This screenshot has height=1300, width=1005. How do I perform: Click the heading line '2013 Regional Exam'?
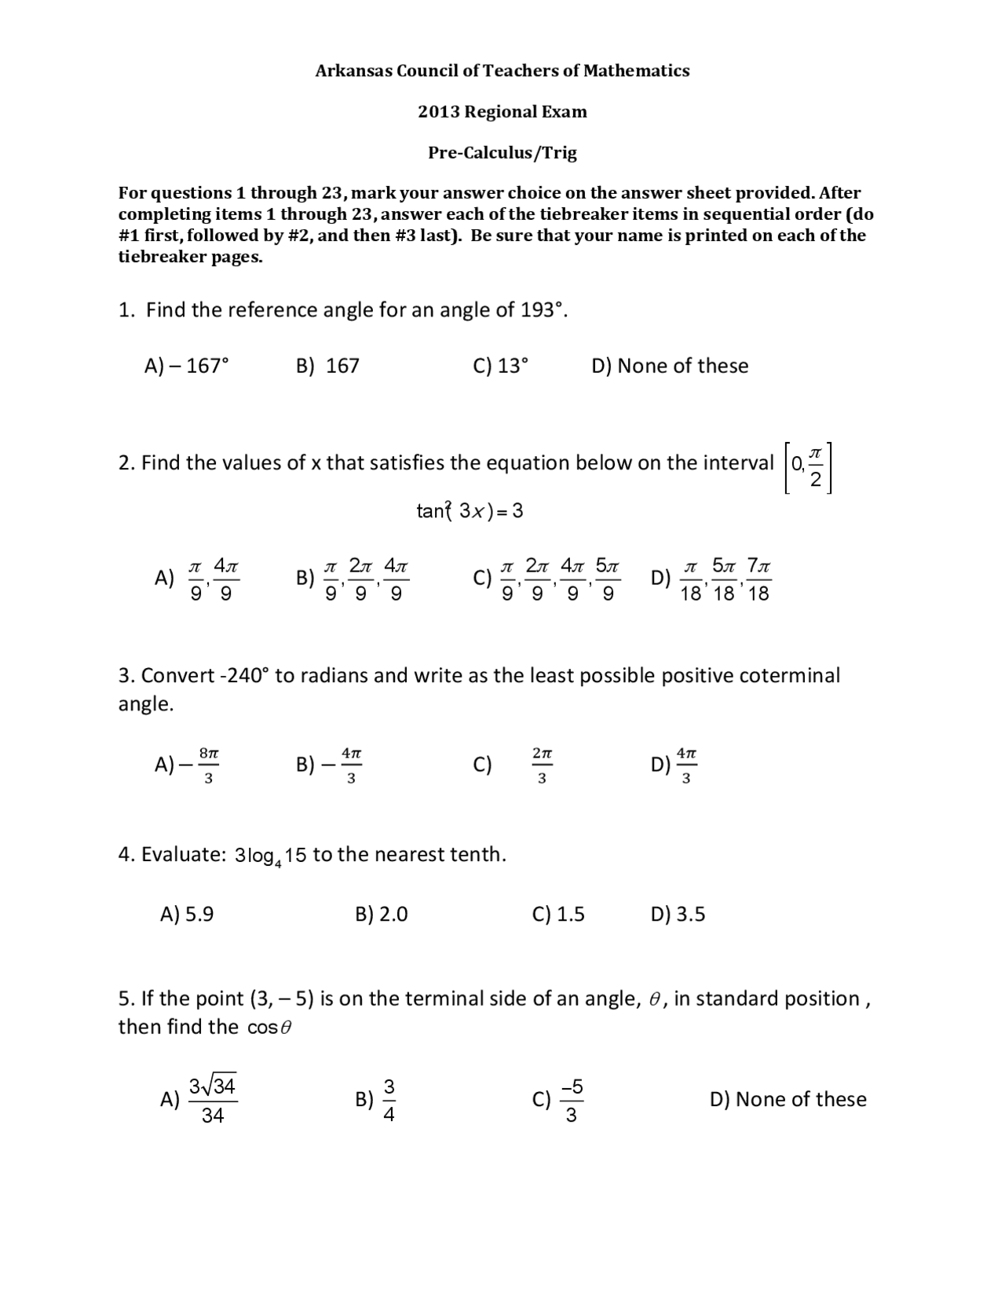click(x=502, y=111)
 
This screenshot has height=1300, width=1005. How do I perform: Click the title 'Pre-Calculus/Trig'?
click(x=502, y=152)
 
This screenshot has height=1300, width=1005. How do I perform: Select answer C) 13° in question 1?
click(x=501, y=366)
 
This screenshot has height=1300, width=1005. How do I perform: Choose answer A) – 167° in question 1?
click(x=187, y=366)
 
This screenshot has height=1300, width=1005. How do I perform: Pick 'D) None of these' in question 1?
click(x=669, y=366)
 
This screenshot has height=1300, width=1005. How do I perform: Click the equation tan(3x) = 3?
click(x=470, y=511)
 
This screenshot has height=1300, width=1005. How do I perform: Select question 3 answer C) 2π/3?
click(x=514, y=765)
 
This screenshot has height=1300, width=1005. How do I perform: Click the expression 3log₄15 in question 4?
click(x=270, y=856)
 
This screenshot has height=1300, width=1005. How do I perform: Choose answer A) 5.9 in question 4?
click(x=187, y=915)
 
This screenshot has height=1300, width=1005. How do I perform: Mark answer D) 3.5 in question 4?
click(x=678, y=915)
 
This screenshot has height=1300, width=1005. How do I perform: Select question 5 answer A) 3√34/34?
click(x=199, y=1100)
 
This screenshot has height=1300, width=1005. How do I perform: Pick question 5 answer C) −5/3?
click(x=558, y=1100)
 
